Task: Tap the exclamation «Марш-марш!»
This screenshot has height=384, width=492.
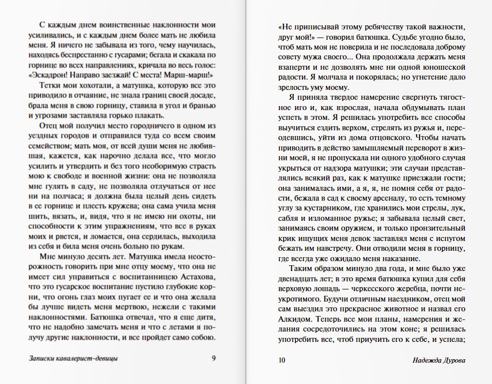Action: point(194,74)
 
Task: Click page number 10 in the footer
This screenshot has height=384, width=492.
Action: point(282,361)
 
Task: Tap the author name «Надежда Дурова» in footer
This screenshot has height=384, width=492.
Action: point(438,361)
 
